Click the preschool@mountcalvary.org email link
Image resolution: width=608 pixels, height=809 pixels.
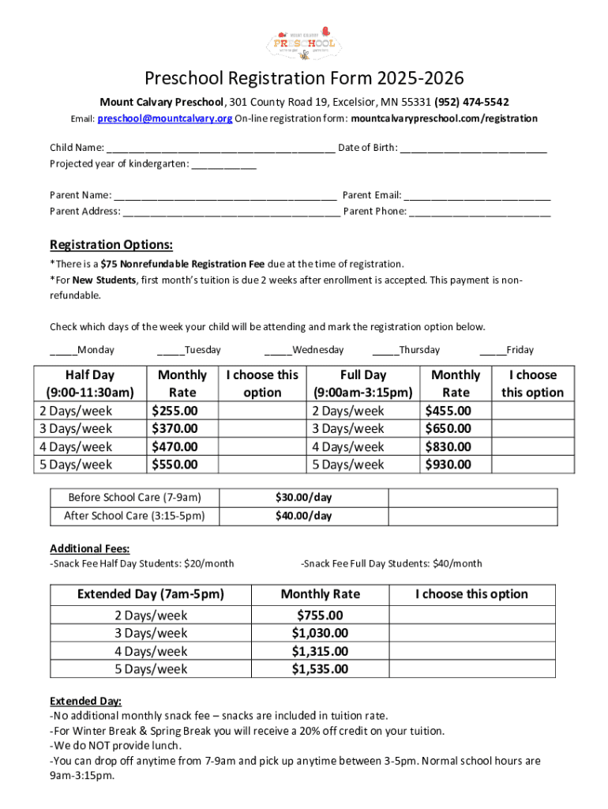164,119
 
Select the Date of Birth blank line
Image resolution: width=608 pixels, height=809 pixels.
473,149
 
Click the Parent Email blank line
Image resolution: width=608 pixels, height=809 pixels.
477,195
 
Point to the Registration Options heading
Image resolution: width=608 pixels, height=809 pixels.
111,244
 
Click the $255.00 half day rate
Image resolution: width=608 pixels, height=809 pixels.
175,411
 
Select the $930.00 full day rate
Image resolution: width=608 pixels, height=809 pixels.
448,465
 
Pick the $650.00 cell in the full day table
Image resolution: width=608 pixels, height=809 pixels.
448,429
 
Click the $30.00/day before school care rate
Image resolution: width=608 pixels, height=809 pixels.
303,498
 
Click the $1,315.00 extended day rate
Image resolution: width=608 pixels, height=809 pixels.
320,651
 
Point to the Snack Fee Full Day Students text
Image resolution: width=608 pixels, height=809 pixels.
392,563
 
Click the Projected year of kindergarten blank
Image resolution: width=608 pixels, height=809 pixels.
223,164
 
